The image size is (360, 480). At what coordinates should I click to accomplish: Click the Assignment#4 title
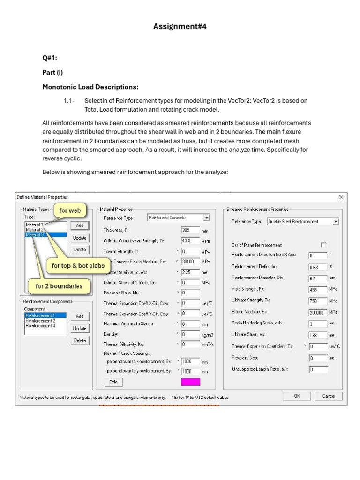click(180, 27)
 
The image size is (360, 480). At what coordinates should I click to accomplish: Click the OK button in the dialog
click(297, 396)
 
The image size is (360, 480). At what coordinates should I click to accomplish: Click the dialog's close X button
click(341, 197)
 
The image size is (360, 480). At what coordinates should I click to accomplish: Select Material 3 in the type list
click(35, 235)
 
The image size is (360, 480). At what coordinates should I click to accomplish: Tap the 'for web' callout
click(70, 210)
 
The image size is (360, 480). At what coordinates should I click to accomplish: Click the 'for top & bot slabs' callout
click(78, 266)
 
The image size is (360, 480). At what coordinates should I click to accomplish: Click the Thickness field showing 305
click(190, 230)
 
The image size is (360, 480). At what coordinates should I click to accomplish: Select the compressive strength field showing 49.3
click(190, 241)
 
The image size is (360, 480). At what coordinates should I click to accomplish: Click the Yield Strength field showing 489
click(317, 289)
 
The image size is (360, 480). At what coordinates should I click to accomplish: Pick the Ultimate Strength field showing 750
click(317, 300)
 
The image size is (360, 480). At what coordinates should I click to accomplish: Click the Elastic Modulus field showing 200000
click(317, 312)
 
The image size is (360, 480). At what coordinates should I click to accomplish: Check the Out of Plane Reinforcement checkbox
click(323, 245)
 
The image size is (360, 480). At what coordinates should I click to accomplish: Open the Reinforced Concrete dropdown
click(206, 217)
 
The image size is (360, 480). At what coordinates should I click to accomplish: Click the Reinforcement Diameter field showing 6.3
click(317, 278)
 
